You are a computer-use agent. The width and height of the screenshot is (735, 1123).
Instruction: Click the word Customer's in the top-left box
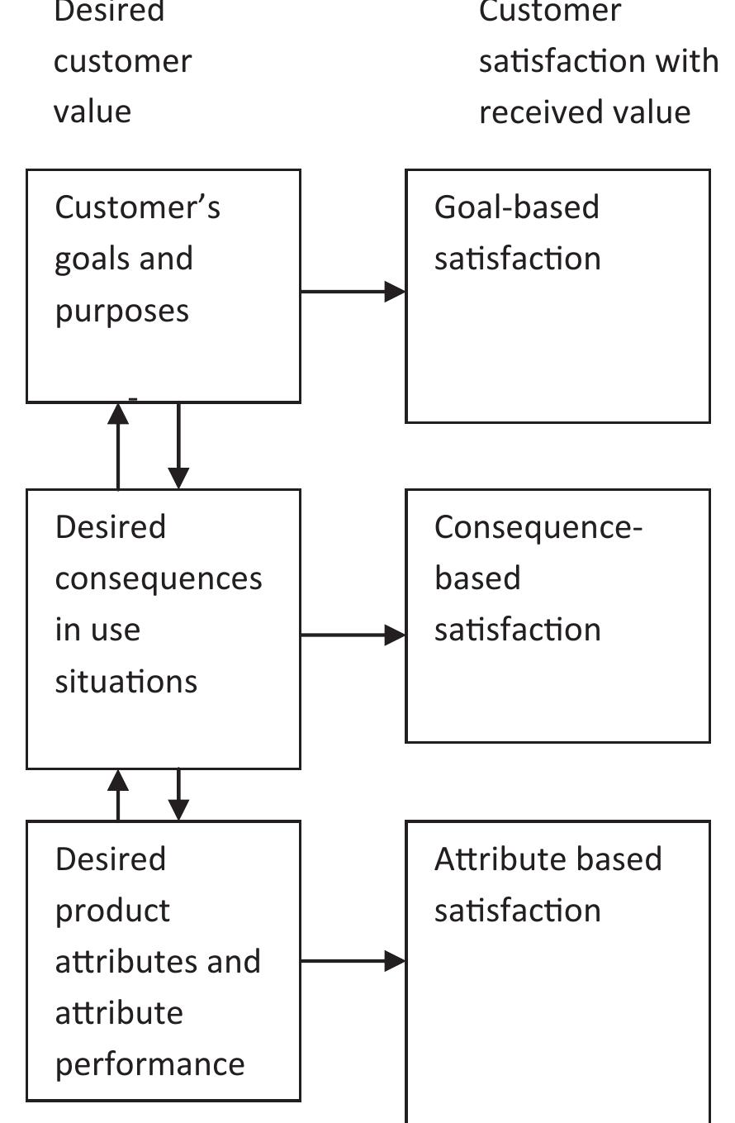click(x=137, y=207)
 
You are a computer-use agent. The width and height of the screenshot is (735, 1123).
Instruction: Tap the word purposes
click(x=121, y=312)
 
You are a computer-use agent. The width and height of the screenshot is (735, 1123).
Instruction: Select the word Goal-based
click(x=516, y=207)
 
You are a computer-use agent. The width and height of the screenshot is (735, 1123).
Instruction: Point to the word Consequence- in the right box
click(x=538, y=527)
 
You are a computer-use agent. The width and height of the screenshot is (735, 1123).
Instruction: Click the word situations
click(x=126, y=682)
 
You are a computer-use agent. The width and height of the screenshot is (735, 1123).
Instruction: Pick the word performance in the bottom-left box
click(x=149, y=1064)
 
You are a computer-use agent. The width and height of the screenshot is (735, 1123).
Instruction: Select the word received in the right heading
click(x=529, y=112)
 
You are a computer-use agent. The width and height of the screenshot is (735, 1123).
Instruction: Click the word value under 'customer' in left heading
click(x=92, y=112)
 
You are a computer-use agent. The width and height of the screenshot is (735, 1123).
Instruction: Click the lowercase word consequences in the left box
click(x=158, y=579)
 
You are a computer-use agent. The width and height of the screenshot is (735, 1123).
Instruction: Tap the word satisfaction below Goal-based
click(x=517, y=259)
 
